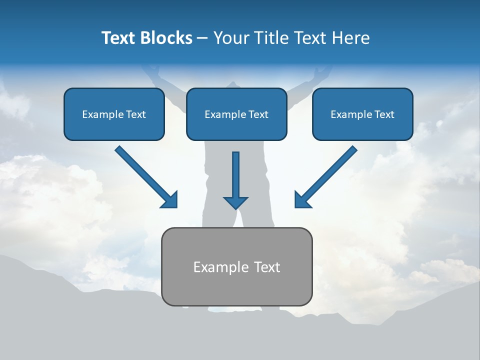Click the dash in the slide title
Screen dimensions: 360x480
tap(202, 38)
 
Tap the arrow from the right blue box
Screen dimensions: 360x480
tap(327, 175)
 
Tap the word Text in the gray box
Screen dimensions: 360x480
tap(267, 267)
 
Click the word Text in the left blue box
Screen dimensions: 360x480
tap(136, 114)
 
